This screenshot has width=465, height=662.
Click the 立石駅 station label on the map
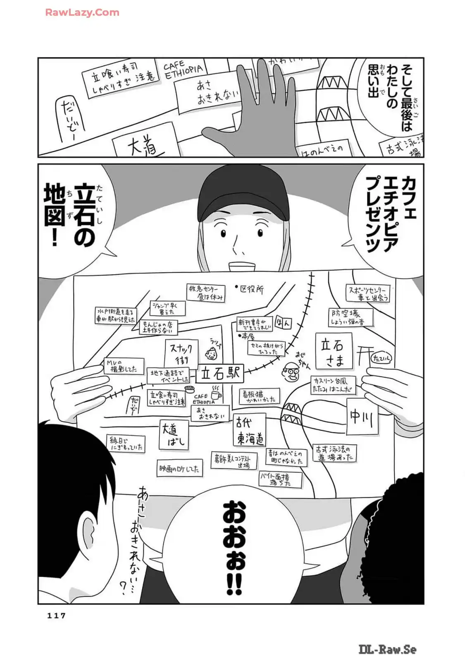[220, 374]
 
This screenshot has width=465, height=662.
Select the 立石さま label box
[334, 351]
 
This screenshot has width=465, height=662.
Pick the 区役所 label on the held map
[250, 289]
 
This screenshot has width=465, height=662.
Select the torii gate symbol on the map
[365, 354]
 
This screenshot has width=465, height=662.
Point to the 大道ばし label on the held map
[174, 435]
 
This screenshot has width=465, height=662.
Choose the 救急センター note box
[206, 292]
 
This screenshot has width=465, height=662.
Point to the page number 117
[57, 615]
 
